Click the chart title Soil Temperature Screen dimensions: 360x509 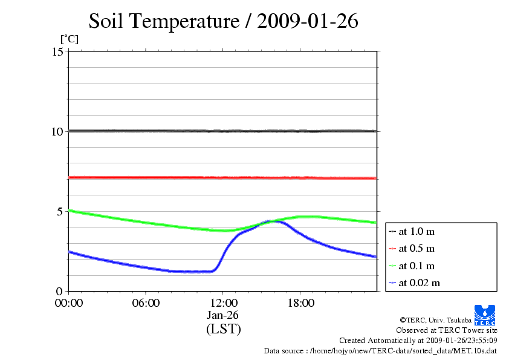coord(223,21)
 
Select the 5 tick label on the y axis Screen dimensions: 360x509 coord(60,211)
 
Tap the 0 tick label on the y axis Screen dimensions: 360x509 coord(60,291)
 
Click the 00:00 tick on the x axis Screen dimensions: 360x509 coord(68,303)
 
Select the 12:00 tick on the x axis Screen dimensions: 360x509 coord(223,303)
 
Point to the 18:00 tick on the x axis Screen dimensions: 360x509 coord(300,303)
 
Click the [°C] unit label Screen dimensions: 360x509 coord(69,39)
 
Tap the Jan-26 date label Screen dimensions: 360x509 coord(223,315)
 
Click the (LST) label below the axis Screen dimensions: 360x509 coord(223,329)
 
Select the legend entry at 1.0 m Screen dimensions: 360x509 coord(417,231)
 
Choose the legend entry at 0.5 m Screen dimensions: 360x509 coord(417,249)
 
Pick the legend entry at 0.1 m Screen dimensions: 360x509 coord(417,266)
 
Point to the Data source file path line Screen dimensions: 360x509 coord(380,350)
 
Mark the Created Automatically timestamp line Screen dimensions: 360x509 coord(418,341)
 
